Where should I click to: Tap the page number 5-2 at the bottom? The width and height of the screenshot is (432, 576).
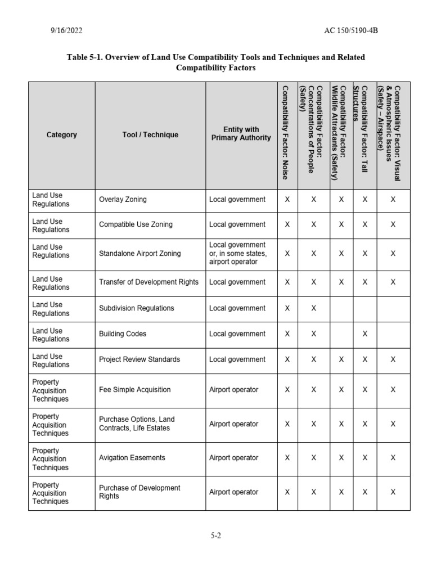(216, 535)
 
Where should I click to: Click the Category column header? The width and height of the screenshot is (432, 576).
(61, 135)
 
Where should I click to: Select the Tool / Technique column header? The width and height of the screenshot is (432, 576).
(150, 135)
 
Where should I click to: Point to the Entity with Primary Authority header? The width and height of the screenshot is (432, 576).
(241, 134)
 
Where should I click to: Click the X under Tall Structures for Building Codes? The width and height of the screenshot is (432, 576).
(364, 334)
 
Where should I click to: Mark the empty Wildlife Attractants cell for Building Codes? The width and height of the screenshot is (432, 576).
(340, 334)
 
